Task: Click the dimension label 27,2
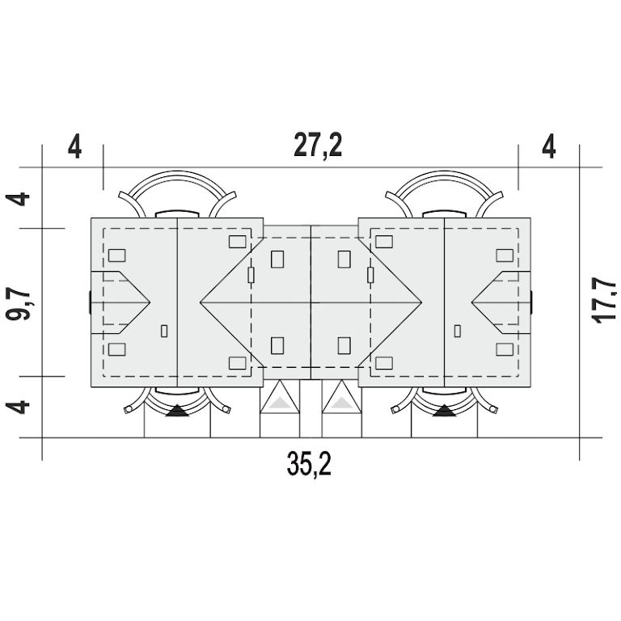point(318,146)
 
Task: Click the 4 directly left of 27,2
point(74,146)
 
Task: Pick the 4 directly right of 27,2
point(548,146)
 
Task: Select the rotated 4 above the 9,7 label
point(18,199)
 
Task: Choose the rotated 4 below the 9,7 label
point(18,407)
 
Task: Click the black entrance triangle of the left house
point(177,411)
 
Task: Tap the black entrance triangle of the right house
point(445,411)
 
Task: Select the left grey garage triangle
point(280,403)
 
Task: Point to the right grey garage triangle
point(342,403)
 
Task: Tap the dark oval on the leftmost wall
point(90,302)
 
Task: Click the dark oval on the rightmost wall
point(531,302)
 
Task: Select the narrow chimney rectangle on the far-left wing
point(164,331)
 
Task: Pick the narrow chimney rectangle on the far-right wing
point(458,331)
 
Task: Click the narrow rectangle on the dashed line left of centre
point(251,275)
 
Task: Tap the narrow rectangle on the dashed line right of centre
point(370,275)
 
